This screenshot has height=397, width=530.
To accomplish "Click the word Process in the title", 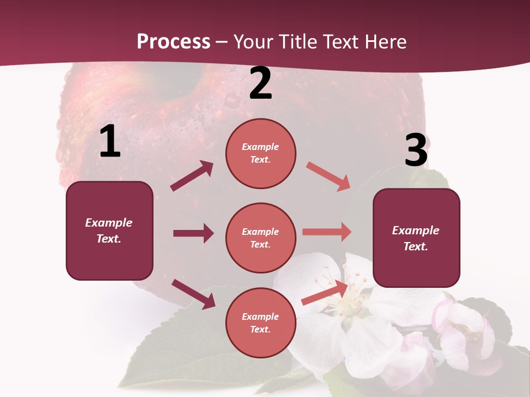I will [173, 41].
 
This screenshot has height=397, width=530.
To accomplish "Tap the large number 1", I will [110, 142].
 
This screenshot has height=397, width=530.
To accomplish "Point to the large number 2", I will [261, 83].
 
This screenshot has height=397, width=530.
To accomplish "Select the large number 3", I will [416, 151].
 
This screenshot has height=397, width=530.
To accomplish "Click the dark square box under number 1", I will [109, 230].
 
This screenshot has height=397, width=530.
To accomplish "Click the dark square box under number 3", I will [416, 238].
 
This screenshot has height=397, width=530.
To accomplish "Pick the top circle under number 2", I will [261, 153].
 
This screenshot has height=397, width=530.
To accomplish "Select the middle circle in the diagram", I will [261, 238].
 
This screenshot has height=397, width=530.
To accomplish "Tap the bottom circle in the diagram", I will [261, 323].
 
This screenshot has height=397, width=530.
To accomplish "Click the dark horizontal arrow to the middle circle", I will [193, 233].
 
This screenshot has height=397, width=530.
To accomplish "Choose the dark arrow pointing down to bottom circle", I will [193, 294].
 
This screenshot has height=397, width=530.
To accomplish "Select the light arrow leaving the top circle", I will [328, 176].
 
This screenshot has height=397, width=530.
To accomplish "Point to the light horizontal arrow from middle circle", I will [327, 232].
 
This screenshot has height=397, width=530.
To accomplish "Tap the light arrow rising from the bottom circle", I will [325, 293].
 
